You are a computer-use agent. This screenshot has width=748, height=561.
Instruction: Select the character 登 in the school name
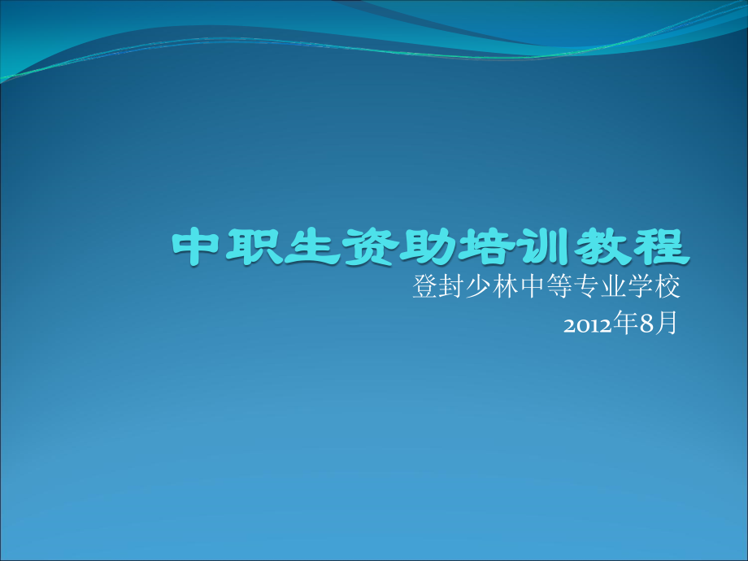click(x=425, y=289)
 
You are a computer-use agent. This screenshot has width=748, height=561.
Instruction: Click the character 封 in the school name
click(x=454, y=289)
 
